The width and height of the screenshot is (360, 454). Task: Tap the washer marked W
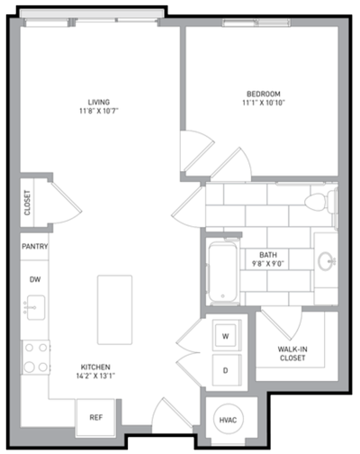click(x=227, y=335)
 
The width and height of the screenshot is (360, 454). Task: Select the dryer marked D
click(x=227, y=370)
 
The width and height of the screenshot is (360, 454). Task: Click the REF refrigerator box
click(x=95, y=417)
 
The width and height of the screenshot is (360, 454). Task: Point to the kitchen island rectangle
click(x=114, y=310)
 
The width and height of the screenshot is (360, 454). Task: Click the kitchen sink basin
click(x=36, y=307)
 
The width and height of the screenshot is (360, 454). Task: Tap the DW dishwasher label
click(x=35, y=279)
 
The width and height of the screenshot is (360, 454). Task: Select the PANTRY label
click(x=35, y=247)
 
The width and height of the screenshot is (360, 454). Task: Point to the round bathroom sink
click(x=326, y=260)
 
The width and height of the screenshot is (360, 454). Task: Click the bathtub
click(x=223, y=272)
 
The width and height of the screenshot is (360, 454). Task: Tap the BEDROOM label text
click(x=264, y=94)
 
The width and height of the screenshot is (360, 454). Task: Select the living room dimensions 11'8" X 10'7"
click(x=99, y=111)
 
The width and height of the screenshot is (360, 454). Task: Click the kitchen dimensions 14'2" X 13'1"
click(x=95, y=376)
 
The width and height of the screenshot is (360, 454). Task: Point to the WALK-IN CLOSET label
click(x=292, y=353)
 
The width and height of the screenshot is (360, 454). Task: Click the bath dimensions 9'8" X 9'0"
click(x=268, y=264)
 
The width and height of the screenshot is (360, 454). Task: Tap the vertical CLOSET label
click(x=27, y=203)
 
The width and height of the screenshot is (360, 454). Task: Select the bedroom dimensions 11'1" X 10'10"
click(x=264, y=103)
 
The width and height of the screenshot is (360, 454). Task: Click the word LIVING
click(x=99, y=102)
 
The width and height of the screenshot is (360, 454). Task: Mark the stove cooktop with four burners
click(x=36, y=358)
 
